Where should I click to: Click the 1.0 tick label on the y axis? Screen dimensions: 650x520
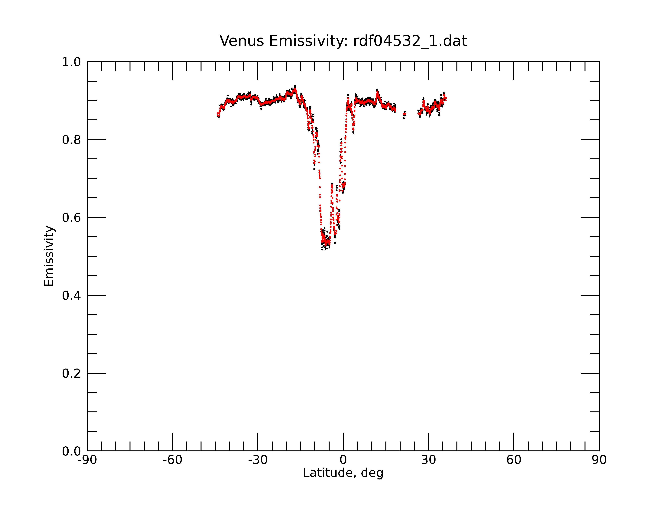coord(71,62)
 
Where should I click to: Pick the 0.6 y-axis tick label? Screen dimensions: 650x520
coord(71,218)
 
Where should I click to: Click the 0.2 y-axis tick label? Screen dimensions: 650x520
coord(71,373)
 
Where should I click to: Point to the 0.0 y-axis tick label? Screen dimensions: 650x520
coord(71,451)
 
